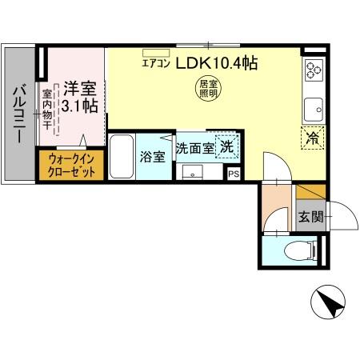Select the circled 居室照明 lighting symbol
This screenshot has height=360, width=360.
pyautogui.click(x=207, y=88)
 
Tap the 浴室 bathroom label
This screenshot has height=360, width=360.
pyautogui.click(x=153, y=156)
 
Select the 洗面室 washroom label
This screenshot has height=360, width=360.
pyautogui.click(x=194, y=148)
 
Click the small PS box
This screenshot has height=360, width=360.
pyautogui.click(x=234, y=173)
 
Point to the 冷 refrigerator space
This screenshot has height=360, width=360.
pyautogui.click(x=313, y=137)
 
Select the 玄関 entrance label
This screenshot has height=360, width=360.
pyautogui.click(x=310, y=216)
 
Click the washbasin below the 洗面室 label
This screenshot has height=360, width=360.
pyautogui.click(x=193, y=171)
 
